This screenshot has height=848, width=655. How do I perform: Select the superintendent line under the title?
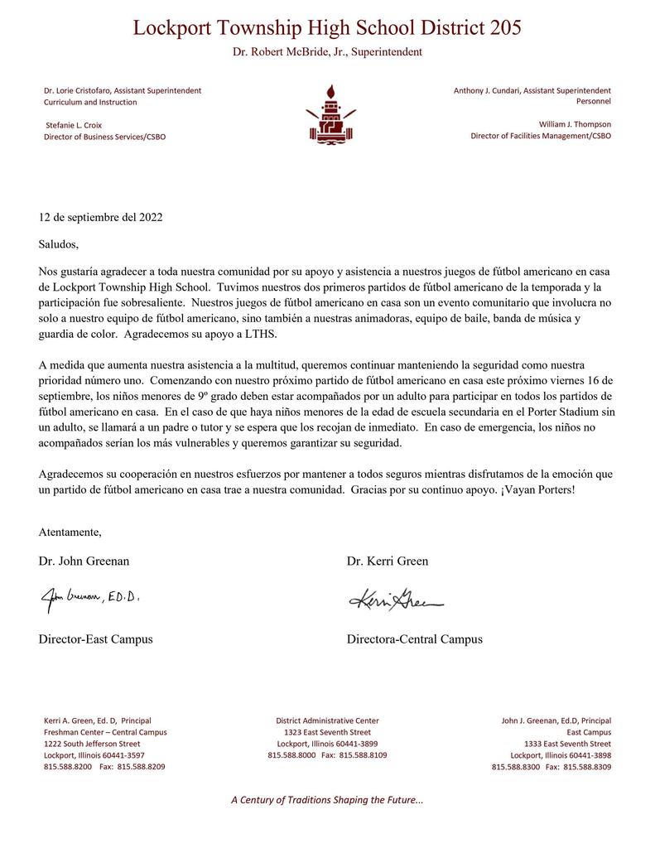327,52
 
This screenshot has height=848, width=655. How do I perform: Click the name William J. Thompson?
575,124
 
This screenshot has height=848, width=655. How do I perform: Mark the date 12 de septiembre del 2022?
100,218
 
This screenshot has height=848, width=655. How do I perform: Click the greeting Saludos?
59,244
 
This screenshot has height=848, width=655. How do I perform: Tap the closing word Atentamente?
70,532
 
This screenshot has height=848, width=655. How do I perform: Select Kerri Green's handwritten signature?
396,599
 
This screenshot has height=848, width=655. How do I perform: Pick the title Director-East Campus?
95,639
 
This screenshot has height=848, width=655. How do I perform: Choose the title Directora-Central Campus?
414,639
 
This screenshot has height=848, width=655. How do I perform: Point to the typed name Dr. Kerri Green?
388,561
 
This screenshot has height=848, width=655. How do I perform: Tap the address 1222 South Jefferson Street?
91,744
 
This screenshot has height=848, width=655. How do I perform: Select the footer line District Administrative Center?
327,720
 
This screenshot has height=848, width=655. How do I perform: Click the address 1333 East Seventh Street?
567,744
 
